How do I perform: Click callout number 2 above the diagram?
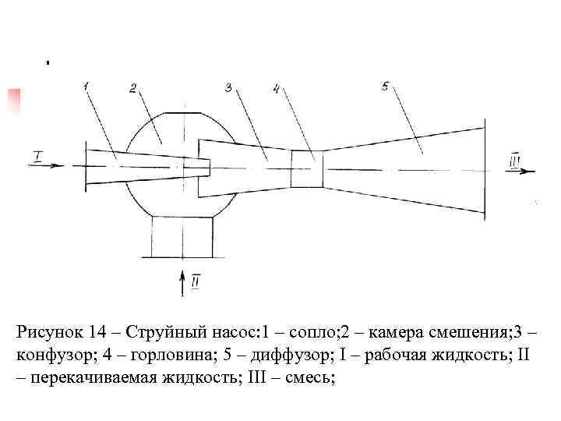[x=132, y=89]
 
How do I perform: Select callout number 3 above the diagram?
[x=228, y=88]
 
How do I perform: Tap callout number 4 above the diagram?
[x=277, y=89]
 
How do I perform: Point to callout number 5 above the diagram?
[x=386, y=85]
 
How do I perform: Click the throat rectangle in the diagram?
[x=306, y=168]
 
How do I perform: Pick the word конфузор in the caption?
[x=50, y=356]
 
